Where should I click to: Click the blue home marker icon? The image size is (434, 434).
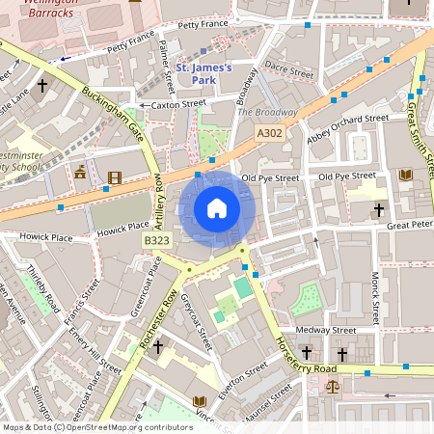click(x=216, y=208)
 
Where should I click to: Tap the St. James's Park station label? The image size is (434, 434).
click(x=205, y=74)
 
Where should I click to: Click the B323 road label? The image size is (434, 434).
click(x=156, y=239)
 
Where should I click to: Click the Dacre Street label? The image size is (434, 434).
click(x=289, y=69)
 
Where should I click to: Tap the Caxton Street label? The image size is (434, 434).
click(x=176, y=103)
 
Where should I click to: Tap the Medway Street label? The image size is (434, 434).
click(x=325, y=330)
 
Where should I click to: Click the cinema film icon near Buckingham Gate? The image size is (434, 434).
click(x=116, y=176)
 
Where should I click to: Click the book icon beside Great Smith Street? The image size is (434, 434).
click(x=405, y=175)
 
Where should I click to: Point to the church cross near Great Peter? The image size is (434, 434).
click(x=379, y=208)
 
